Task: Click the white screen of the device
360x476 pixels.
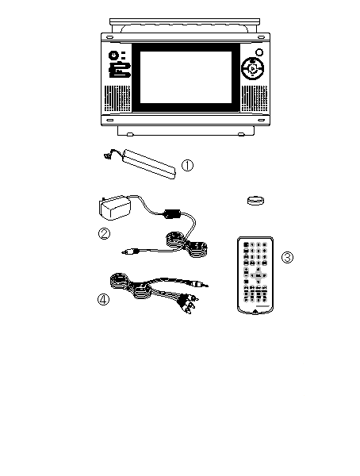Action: coord(186,77)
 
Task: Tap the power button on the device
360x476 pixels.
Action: coord(113,56)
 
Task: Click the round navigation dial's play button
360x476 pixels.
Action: coord(252,69)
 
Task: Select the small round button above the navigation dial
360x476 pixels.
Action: coord(259,52)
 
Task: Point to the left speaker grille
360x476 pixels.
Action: coord(118,98)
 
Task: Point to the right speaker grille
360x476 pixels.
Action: coord(255,98)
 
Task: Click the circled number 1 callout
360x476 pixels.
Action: coord(187,166)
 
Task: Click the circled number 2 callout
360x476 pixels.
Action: coord(104,234)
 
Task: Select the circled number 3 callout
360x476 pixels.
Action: coord(287,257)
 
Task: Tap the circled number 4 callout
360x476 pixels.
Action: coord(103,300)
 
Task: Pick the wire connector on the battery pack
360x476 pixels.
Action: coord(106,156)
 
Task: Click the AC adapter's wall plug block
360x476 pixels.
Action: coord(115,208)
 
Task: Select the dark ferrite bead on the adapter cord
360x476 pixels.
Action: coord(172,213)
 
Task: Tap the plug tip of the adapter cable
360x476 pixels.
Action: coord(124,252)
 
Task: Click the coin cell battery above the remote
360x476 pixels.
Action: coord(255,201)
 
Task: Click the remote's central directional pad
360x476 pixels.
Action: coord(258,275)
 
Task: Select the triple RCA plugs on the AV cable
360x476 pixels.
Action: coord(188,304)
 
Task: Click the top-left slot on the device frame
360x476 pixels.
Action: coord(109,37)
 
